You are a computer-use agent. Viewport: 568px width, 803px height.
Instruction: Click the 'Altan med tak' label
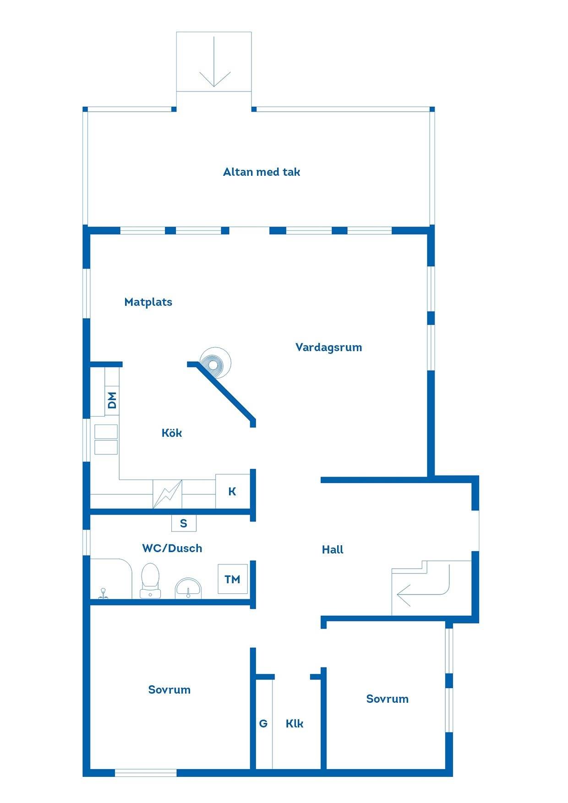pos(262,172)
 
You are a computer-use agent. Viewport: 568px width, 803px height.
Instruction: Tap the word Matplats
pos(148,302)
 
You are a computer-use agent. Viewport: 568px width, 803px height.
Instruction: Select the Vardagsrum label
pos(329,347)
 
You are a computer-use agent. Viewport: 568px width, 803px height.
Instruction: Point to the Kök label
pos(172,433)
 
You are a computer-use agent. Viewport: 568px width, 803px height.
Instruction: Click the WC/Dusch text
pos(172,548)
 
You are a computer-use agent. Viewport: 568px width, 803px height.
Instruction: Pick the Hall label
pos(333,549)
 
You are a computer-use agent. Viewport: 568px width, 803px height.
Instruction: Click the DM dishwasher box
pos(112,400)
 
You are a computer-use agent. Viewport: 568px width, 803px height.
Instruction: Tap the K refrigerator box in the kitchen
pos(233,491)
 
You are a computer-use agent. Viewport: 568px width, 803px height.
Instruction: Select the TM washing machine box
pos(233,579)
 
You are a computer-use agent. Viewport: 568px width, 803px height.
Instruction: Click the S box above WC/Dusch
pos(184,523)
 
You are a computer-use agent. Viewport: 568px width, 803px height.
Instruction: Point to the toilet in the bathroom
pos(150,581)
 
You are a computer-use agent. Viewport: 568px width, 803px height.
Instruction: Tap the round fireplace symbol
pos(215,363)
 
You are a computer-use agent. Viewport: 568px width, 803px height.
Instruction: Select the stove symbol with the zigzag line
pos(167,494)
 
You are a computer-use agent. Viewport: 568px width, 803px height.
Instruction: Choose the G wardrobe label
pos(263,723)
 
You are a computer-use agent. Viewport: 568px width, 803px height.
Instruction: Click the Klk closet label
pos(295,723)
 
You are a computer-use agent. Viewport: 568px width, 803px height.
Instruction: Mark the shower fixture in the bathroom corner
pos(104,593)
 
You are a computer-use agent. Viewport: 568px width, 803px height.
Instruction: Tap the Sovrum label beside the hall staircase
pos(388,699)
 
